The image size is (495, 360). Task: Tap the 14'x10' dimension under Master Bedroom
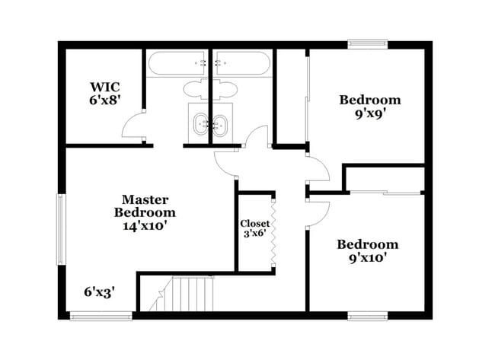point(145,225)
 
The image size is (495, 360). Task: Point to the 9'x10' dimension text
point(368,257)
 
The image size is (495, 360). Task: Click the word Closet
point(254,223)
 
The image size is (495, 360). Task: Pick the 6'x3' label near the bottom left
point(99,291)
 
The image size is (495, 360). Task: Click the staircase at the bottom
point(187,294)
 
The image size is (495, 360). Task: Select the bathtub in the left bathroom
point(177,63)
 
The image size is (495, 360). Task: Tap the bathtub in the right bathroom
point(241,63)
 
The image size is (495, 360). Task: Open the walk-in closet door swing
point(133,125)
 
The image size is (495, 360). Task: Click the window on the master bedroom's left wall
point(61,231)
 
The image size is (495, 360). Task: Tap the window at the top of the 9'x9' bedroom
point(368,44)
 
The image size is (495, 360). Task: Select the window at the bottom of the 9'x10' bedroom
point(368,315)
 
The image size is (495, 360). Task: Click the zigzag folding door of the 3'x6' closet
point(270,231)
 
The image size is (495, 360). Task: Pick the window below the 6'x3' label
point(91,315)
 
